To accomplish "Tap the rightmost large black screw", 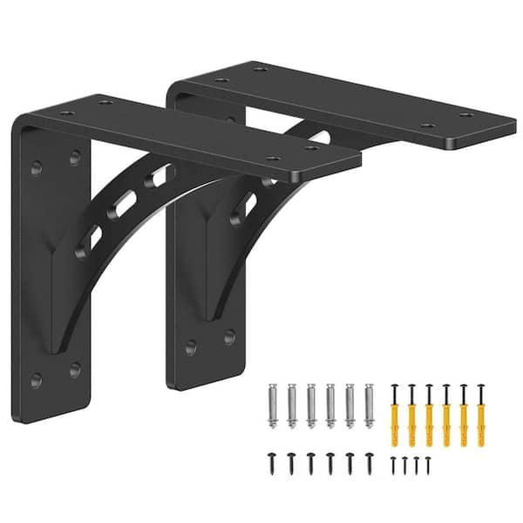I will click(369, 461).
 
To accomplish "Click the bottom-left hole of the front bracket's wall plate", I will click(37, 379).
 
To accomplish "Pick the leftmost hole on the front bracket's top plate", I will click(66, 113).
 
